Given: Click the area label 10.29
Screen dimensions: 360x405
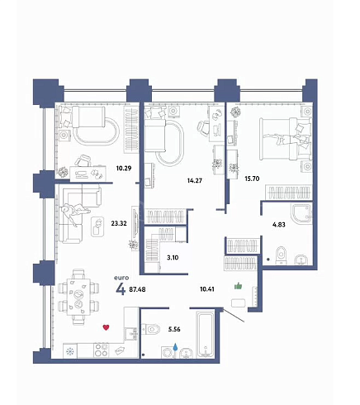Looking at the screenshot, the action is pyautogui.click(x=124, y=168).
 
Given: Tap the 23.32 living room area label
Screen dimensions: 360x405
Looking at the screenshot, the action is pyautogui.click(x=119, y=223).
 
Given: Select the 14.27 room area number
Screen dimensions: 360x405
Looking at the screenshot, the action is pyautogui.click(x=195, y=181).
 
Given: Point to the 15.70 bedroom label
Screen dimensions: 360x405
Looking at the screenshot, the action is pyautogui.click(x=252, y=179).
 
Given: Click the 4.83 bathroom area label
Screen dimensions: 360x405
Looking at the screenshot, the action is pyautogui.click(x=279, y=225).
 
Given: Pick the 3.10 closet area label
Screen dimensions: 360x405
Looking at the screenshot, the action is pyautogui.click(x=173, y=258).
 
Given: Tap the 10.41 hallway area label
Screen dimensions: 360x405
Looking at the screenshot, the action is pyautogui.click(x=207, y=289).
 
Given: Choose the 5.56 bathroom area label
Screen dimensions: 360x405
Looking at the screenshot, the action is pyautogui.click(x=174, y=329).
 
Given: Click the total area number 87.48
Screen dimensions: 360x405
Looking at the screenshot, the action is pyautogui.click(x=137, y=289).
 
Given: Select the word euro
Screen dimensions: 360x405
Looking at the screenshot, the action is pyautogui.click(x=121, y=278).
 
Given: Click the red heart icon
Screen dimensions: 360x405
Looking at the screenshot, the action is pyautogui.click(x=106, y=327).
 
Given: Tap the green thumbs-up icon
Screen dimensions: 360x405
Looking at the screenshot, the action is pyautogui.click(x=238, y=286).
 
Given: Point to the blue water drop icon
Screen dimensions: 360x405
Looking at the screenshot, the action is pyautogui.click(x=175, y=346).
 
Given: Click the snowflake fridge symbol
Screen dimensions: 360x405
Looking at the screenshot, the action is pyautogui.click(x=70, y=351).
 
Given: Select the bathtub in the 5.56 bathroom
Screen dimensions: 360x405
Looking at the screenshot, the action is pyautogui.click(x=206, y=334).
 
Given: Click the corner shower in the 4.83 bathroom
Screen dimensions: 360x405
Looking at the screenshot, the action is pyautogui.click(x=301, y=214).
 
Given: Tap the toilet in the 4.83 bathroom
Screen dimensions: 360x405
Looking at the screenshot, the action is pyautogui.click(x=281, y=255).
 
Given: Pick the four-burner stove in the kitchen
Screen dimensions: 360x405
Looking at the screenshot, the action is pyautogui.click(x=101, y=350).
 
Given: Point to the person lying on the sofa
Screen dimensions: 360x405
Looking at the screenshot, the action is pyautogui.click(x=74, y=212).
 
